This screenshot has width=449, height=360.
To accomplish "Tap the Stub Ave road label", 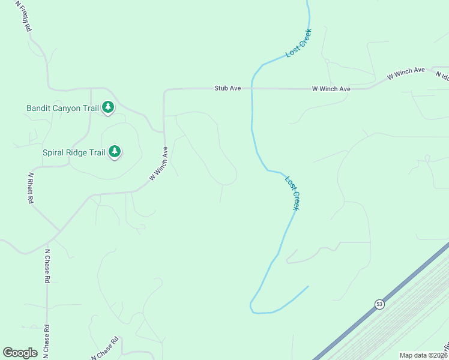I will point(228,88).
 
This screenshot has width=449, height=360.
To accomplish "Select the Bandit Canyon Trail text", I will point(62,109).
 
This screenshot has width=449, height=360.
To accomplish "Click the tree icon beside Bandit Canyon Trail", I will point(108,107).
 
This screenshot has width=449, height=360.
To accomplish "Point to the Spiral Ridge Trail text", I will point(74,152).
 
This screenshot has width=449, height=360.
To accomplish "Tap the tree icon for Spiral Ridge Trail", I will point(115,152).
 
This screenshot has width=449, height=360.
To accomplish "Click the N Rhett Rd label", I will point(29,188).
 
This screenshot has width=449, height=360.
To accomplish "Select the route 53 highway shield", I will point(379,304).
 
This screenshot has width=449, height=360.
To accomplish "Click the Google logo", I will point(20,353).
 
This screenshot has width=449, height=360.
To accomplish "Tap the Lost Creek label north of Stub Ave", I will point(298,43).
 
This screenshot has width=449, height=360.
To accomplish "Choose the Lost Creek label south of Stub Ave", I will point(292,193).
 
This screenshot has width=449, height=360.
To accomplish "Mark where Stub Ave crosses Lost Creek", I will point(252,88).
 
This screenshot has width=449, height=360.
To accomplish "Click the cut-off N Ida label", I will point(442,76).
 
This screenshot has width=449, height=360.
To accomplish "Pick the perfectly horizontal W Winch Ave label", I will point(331,89).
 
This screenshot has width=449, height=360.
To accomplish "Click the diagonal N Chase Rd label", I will point(105,347).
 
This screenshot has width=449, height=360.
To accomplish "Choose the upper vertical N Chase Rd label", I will point(47,266).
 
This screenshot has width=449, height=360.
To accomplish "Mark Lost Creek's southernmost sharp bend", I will point(252,307).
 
